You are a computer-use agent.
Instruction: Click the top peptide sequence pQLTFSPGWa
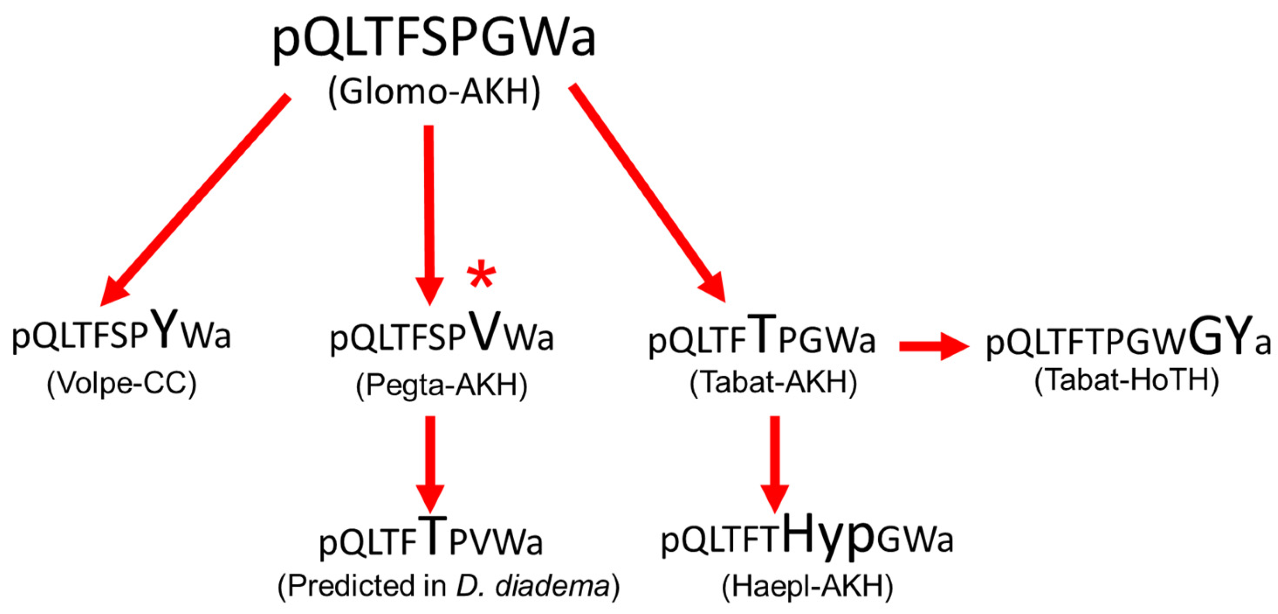pos(434,39)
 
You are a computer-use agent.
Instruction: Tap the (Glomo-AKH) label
pos(434,92)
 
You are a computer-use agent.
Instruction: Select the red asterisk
pos(481,276)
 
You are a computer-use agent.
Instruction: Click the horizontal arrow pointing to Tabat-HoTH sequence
pos(933,346)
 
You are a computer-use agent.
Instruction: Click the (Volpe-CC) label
pos(121,383)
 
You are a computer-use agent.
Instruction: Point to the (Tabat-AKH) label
pos(773,383)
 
